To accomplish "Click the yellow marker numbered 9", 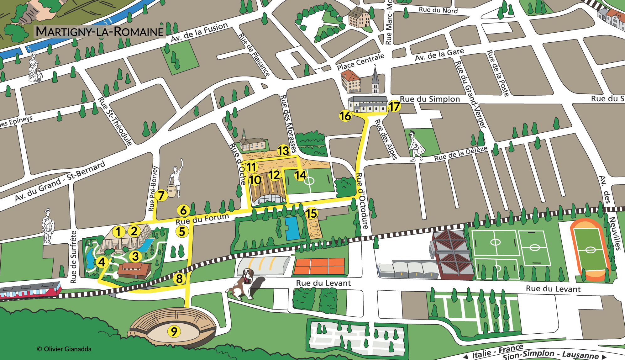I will tap(174, 331).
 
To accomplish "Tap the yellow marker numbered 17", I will tap(394, 106).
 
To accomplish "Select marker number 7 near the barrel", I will tap(161, 195).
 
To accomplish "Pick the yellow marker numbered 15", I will tap(311, 214).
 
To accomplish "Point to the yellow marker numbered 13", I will tap(283, 151).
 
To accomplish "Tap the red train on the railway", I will tap(30, 290).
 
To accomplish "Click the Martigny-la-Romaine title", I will tap(100, 32).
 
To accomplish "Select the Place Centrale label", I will tap(360, 62).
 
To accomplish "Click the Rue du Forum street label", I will tap(202, 219).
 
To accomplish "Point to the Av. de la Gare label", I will tap(439, 55).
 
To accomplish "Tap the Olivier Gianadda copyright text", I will tap(64, 349).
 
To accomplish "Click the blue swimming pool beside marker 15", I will tap(292, 228).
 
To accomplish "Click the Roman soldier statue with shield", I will tap(48, 226).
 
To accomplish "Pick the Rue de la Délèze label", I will tap(460, 153).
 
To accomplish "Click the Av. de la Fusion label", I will tap(199, 33).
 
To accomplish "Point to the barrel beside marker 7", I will tap(171, 191).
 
